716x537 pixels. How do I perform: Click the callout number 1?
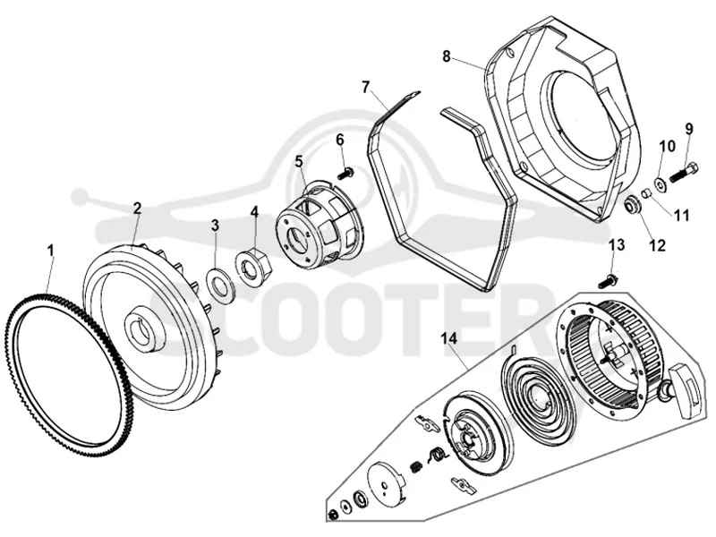click(51, 251)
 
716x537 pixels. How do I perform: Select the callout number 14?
click(449, 338)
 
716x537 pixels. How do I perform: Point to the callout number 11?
click(682, 215)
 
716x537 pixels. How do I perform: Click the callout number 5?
click(299, 161)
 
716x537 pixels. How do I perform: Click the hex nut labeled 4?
click(254, 267)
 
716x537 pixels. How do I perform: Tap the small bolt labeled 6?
click(345, 173)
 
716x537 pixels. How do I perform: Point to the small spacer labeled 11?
click(645, 193)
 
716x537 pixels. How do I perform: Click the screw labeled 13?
click(608, 280)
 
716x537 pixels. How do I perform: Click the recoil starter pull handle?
click(683, 389)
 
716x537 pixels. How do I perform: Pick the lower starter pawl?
click(463, 484)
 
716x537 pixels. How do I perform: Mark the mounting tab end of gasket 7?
click(412, 97)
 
